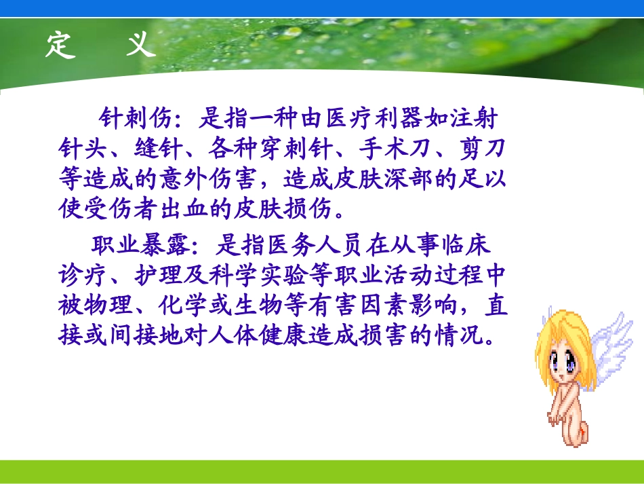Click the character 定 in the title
coord(60,45)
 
